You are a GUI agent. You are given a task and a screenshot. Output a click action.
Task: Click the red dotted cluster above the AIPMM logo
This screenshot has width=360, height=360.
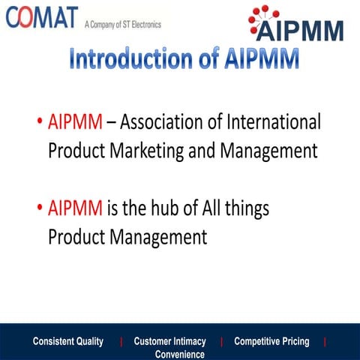[x=264, y=13]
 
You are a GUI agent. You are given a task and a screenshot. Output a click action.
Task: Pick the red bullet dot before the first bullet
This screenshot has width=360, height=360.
[x=40, y=122]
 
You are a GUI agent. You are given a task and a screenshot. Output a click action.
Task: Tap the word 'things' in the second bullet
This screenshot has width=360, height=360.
[x=244, y=208]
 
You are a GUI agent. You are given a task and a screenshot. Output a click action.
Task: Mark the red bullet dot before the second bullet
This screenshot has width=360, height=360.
[x=40, y=208]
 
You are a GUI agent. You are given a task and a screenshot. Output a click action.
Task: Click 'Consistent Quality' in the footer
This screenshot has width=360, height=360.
[x=68, y=342]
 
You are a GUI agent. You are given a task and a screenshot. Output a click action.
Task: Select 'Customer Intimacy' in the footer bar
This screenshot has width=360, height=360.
[x=169, y=342]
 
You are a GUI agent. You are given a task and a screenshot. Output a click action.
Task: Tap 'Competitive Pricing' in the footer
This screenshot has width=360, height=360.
[x=271, y=342]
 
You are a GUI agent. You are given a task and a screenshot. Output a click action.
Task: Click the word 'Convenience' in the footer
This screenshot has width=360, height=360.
[x=179, y=354]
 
